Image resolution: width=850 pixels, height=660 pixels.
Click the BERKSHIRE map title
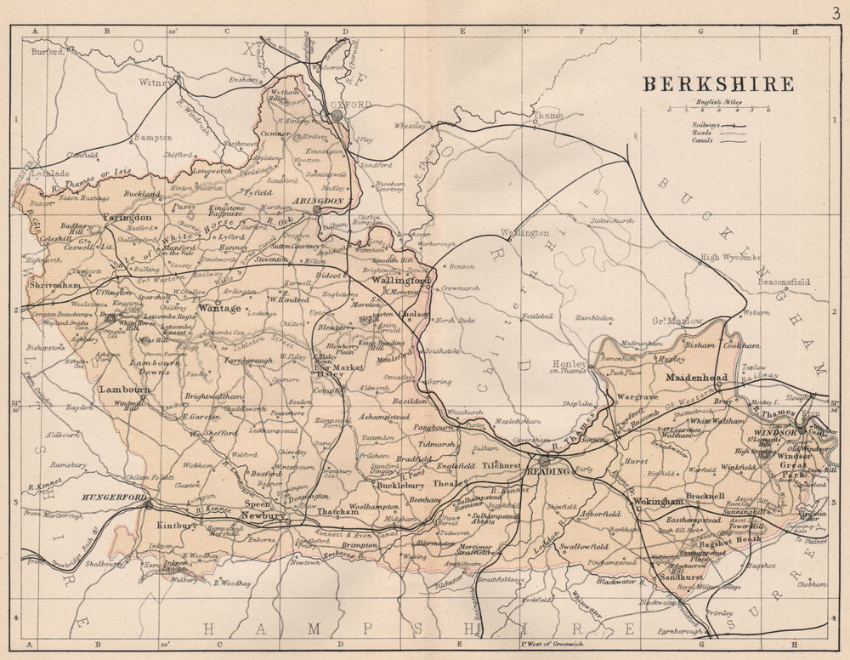(717, 84)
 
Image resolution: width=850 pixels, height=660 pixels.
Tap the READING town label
(543, 471)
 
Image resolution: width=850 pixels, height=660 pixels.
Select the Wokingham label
(658, 502)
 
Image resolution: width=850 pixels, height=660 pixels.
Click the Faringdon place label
(127, 218)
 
